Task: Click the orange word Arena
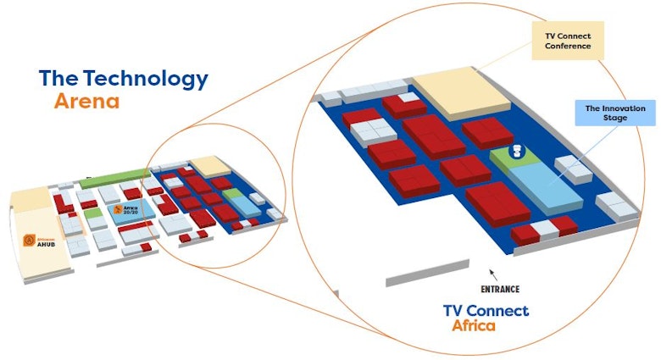pos(86,102)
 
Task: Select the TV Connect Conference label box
pos(567,40)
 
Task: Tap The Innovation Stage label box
pos(615,113)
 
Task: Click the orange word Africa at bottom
pos(474,326)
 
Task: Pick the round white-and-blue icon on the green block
pos(514,152)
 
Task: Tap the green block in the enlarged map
pos(509,162)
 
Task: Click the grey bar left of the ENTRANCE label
pos(427,272)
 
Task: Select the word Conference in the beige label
pos(568,46)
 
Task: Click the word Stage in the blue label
pos(616,118)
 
